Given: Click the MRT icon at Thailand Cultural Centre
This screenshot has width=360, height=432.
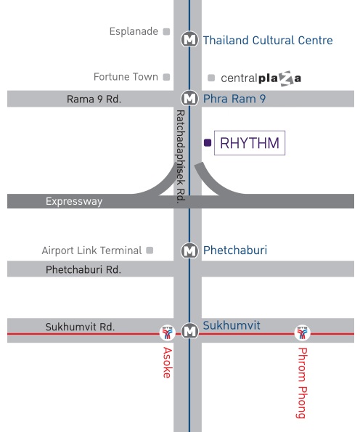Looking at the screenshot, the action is (189, 39).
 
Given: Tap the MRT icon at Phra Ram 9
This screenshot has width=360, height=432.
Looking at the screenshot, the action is (189, 98).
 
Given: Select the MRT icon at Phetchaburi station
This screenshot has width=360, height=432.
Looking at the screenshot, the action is (189, 250).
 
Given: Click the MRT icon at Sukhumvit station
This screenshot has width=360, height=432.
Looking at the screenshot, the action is (189, 330).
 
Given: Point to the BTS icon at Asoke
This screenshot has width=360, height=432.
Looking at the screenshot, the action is (168, 333).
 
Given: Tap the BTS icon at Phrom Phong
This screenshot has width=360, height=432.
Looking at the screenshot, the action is (302, 333).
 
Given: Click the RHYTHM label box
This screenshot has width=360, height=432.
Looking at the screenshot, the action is (250, 143).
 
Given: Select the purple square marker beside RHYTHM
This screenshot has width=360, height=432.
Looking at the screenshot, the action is (208, 142).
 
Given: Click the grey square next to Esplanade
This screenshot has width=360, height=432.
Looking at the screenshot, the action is (166, 32).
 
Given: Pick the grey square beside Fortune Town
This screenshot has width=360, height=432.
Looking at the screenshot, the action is (166, 77).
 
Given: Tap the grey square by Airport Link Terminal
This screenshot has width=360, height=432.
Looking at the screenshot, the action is (150, 250).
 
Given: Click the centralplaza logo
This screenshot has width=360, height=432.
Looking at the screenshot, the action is (261, 78).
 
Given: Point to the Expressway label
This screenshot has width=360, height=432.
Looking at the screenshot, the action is (74, 201).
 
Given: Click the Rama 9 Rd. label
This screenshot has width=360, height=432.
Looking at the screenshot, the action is (94, 99).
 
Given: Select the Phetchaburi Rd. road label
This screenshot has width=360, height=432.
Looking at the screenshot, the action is (83, 269).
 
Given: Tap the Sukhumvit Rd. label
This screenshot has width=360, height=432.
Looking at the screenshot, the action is (80, 327).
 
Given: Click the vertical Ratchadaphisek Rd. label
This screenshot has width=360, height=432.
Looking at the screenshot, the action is (181, 157).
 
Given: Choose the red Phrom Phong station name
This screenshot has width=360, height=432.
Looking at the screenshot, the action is (303, 383).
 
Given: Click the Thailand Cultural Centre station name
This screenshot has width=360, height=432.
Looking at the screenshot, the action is (268, 40).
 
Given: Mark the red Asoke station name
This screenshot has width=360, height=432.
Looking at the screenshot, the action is (167, 362).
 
